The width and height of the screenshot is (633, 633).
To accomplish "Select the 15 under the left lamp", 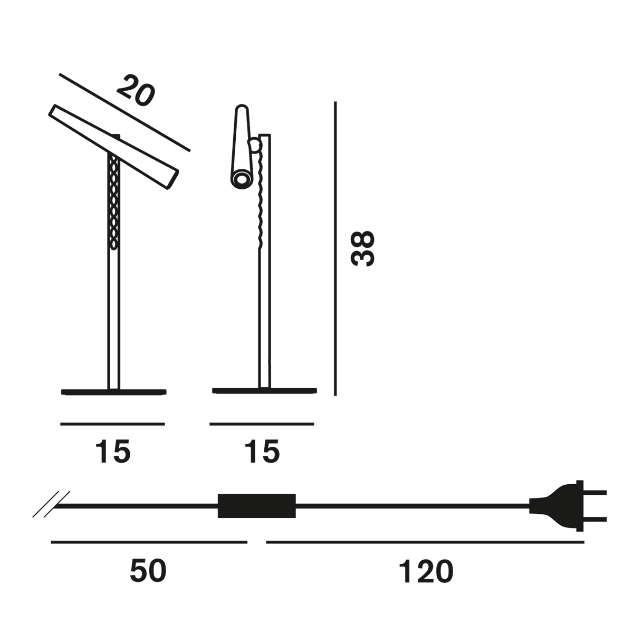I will point(113,452).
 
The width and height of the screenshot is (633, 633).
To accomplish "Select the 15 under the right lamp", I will point(262,452).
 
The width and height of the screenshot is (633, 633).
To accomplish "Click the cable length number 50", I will point(148,571).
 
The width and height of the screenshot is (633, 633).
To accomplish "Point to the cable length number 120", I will point(426,571).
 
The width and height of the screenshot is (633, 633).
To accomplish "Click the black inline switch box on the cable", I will point(256,506).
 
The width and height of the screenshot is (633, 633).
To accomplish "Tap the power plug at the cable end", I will point(564,505).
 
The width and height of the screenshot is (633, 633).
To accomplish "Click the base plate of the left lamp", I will point(113,391).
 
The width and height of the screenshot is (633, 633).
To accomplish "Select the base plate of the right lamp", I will point(264,390).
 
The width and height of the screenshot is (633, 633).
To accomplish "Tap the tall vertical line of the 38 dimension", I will point(335,248).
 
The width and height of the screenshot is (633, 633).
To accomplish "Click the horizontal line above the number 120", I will point(425,542).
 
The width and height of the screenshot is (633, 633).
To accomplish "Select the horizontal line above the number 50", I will point(149,542).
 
